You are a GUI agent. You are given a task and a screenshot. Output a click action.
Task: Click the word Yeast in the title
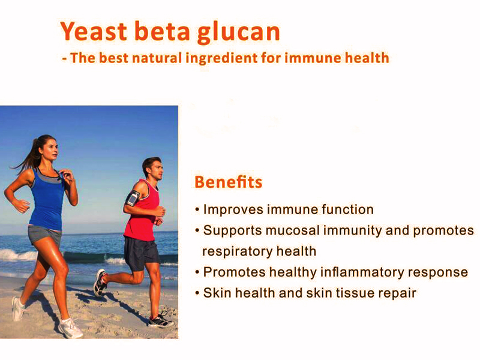click(94, 31)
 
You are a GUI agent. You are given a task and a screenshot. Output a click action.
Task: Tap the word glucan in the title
click(238, 33)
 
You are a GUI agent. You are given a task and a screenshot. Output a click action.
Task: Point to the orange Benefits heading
click(229, 182)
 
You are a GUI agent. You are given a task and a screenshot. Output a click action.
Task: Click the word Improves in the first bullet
click(233, 210)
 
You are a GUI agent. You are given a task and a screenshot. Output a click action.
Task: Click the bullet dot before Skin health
click(197, 293)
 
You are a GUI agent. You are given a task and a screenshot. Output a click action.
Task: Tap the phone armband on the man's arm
click(133, 198)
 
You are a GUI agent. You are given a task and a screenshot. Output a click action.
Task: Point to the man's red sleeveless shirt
click(142, 214)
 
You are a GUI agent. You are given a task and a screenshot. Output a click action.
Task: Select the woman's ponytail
click(29, 156)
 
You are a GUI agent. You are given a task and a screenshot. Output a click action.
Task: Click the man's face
click(157, 170)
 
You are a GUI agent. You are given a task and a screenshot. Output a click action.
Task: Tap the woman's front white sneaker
click(70, 328)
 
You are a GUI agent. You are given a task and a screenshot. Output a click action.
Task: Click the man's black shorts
click(141, 253)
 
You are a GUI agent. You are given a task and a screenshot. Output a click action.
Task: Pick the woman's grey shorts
click(44, 235)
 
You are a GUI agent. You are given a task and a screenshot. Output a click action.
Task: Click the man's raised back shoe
click(100, 282)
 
